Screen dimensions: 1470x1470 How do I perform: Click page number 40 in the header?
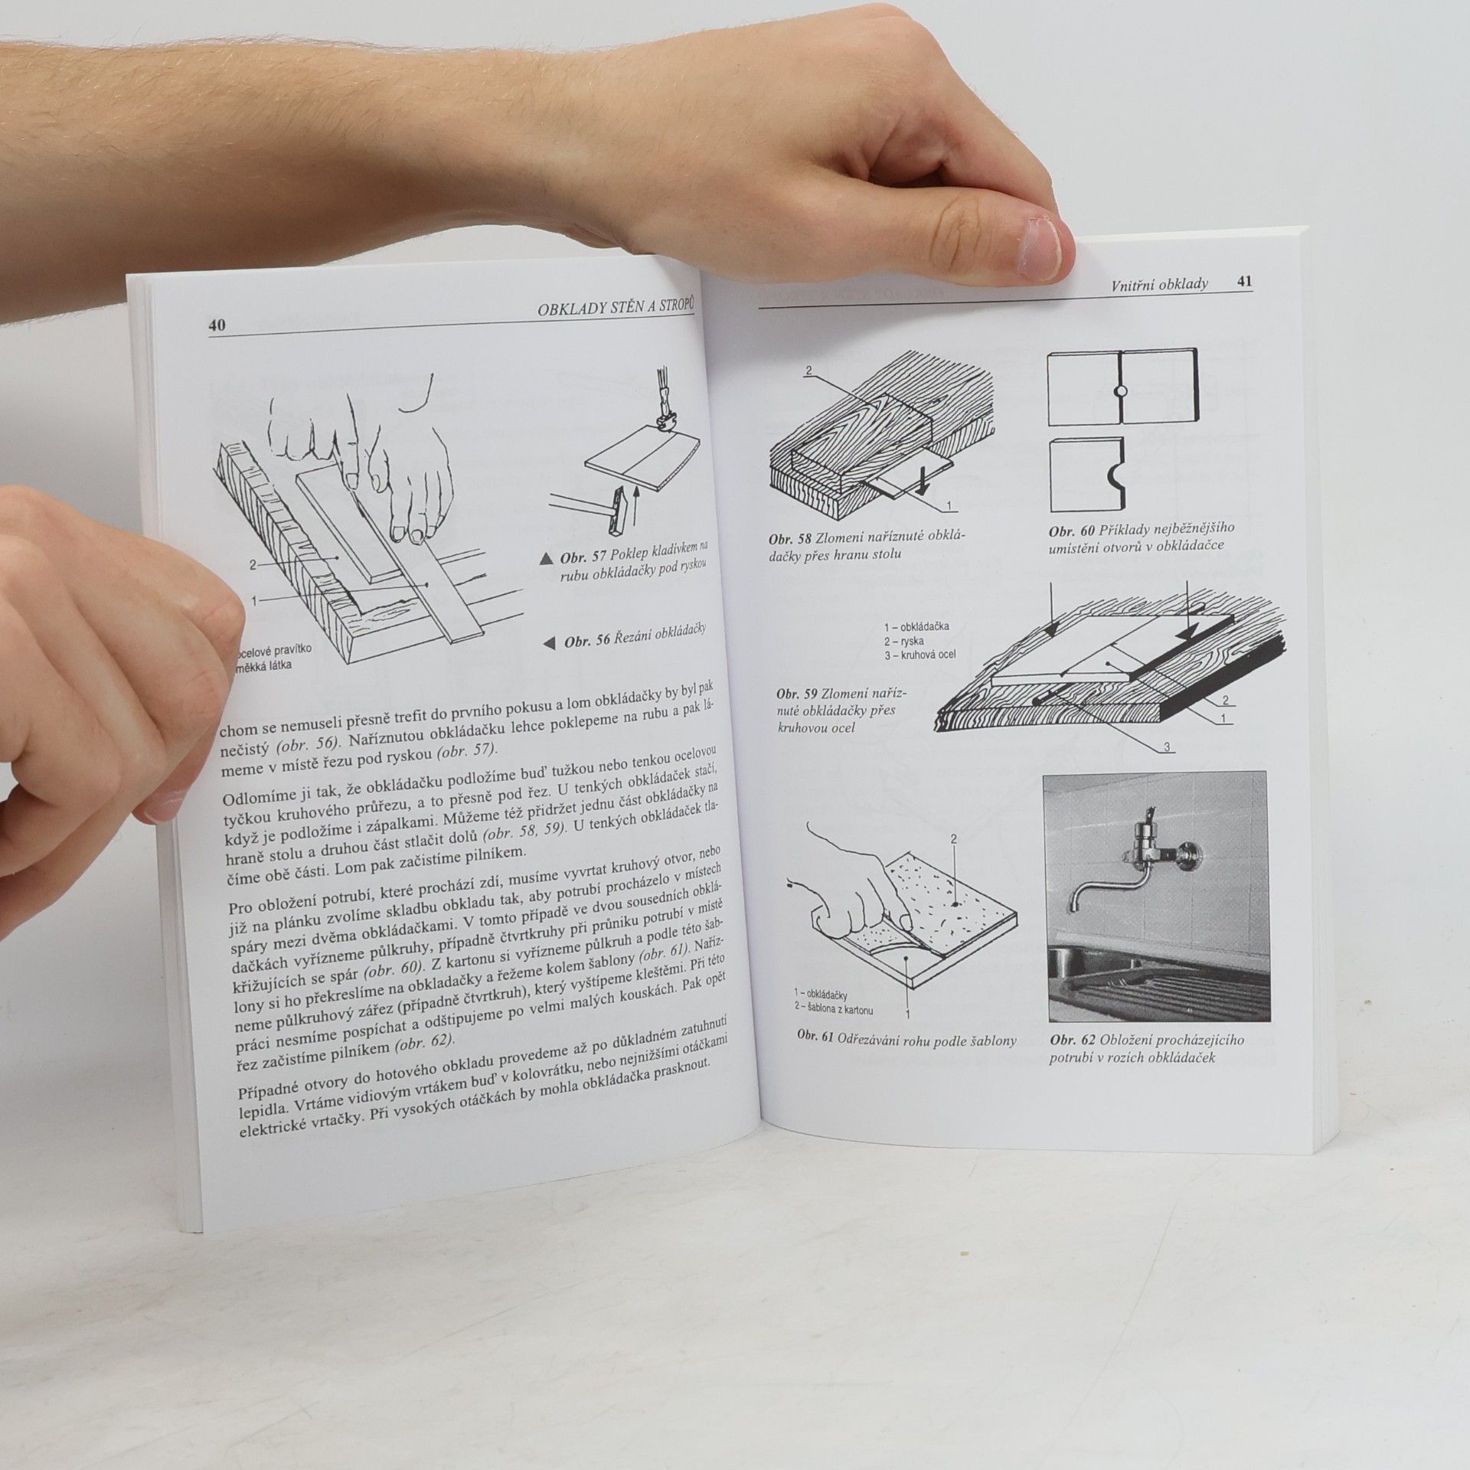point(217,325)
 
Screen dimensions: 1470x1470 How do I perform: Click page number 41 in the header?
point(1244,282)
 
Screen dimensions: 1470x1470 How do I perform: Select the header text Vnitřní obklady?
point(1160,284)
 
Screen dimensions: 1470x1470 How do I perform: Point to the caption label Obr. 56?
point(589,640)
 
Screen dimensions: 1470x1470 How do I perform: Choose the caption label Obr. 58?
point(792,538)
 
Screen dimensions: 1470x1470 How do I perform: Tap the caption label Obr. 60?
point(1072,530)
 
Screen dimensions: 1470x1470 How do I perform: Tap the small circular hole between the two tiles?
point(1119,391)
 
